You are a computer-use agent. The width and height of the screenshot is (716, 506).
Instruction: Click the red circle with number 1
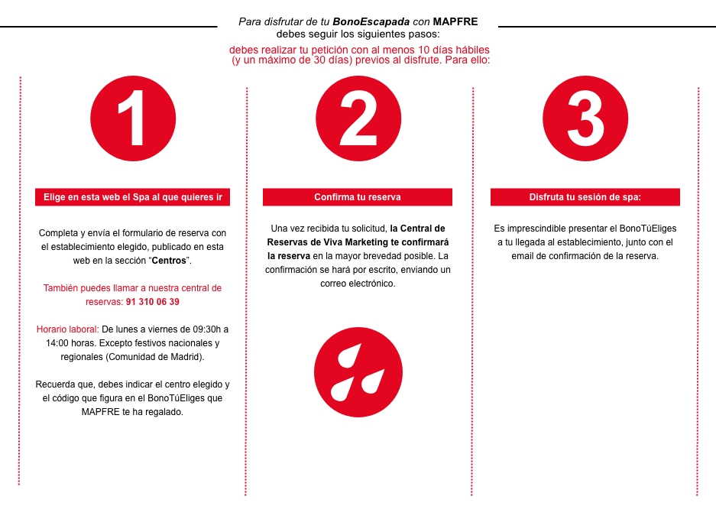click(x=133, y=118)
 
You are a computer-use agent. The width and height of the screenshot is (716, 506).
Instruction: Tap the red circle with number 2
click(x=358, y=118)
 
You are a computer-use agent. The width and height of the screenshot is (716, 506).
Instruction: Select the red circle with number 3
click(x=585, y=118)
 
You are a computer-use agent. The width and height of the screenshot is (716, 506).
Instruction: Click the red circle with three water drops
click(x=358, y=375)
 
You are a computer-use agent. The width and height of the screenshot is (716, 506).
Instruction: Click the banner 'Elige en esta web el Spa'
click(x=133, y=197)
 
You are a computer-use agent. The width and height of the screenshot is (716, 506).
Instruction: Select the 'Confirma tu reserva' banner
click(x=358, y=197)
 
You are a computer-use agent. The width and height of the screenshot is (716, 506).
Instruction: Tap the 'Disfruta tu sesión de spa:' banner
click(x=585, y=197)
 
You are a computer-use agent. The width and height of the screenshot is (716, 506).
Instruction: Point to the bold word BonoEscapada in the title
click(x=365, y=21)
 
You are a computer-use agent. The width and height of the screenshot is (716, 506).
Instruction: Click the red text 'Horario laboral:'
click(x=67, y=329)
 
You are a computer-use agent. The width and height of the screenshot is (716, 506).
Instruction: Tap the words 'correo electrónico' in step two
click(x=358, y=284)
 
